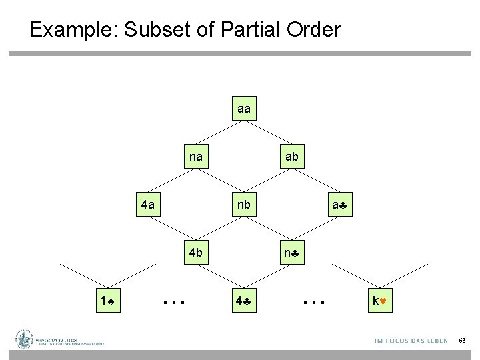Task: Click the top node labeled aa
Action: pyautogui.click(x=243, y=108)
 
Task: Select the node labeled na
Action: pyautogui.click(x=196, y=157)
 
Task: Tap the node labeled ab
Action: pyautogui.click(x=291, y=157)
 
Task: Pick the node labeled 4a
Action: pyautogui.click(x=148, y=205)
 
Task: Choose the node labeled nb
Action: pyautogui.click(x=243, y=205)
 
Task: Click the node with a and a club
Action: pyautogui.click(x=339, y=205)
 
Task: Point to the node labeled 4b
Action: pyautogui.click(x=196, y=253)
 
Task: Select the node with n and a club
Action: pyautogui.click(x=291, y=253)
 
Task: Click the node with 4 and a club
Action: pyautogui.click(x=243, y=301)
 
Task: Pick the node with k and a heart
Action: pyautogui.click(x=387, y=301)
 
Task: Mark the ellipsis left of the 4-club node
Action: pyautogui.click(x=173, y=303)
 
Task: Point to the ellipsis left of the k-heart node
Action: pyautogui.click(x=313, y=303)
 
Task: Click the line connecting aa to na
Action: pyautogui.click(x=220, y=132)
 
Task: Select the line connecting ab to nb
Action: pyautogui.click(x=267, y=181)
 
